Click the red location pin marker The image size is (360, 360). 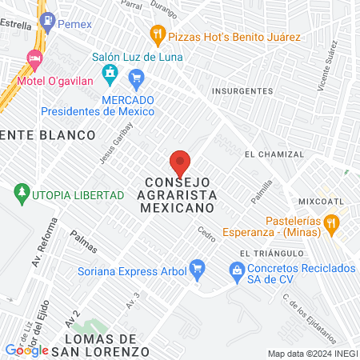point(180,162)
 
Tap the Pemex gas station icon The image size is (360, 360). point(46,25)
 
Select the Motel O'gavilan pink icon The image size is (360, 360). point(34,58)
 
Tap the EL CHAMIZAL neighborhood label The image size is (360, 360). point(274,154)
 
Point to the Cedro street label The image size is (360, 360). point(206,234)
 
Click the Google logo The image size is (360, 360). point(27,350)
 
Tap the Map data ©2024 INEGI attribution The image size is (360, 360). point(312,354)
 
